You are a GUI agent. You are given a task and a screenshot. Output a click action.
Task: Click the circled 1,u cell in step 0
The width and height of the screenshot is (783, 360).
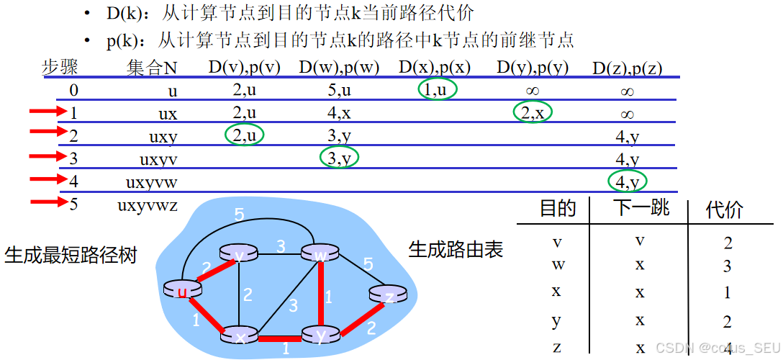pos(437,90)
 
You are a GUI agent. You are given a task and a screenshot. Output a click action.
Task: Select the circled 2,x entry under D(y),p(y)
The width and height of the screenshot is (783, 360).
pos(533,112)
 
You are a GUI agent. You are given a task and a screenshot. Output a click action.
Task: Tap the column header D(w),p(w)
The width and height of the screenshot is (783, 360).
pos(338,68)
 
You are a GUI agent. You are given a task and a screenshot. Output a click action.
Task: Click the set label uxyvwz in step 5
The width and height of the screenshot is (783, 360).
pos(147,204)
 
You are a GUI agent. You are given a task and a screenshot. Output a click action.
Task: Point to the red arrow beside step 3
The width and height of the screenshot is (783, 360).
pos(47,157)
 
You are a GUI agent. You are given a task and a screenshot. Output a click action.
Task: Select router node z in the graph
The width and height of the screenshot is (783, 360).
pos(388,295)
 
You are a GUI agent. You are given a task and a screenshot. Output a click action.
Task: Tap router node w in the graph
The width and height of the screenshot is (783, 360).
pos(320,253)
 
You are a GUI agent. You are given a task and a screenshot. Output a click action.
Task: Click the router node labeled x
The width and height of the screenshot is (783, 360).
pos(240,336)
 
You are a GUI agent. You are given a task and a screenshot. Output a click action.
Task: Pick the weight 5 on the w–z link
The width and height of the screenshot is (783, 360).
pos(368,265)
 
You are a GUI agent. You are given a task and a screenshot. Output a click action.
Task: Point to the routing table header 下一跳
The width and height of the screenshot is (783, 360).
pos(641,208)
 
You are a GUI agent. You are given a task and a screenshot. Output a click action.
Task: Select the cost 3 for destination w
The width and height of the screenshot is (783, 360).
pos(727,266)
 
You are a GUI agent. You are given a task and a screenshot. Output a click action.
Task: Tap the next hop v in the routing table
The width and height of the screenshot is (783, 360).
pos(640,240)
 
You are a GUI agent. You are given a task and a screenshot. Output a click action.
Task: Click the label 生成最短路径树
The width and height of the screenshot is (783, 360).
pos(71,255)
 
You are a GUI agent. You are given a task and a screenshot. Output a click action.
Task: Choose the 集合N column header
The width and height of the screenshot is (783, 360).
pos(152,68)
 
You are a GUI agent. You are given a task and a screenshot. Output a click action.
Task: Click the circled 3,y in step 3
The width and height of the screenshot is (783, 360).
pos(338,158)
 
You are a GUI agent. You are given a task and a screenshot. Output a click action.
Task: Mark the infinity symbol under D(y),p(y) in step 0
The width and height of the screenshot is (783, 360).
pos(533,91)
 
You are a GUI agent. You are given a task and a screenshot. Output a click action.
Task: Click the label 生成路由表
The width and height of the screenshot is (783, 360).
pos(456,250)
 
